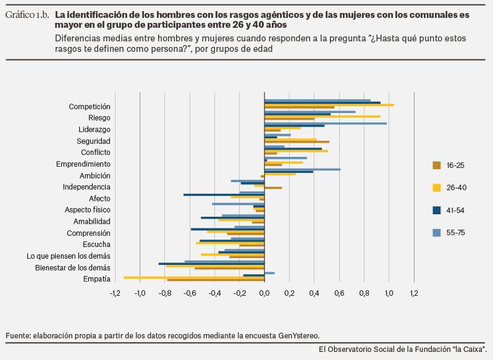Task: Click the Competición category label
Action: click(x=90, y=106)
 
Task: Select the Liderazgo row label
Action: click(x=95, y=129)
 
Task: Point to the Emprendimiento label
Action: click(x=83, y=164)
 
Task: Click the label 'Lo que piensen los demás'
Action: click(x=69, y=256)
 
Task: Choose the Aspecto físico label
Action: click(x=88, y=209)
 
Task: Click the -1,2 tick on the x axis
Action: click(x=114, y=293)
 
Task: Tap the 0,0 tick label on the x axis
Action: click(x=264, y=293)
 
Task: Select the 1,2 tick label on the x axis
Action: click(x=413, y=293)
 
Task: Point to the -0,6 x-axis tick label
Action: click(x=189, y=293)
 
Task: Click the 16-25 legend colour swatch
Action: click(x=436, y=165)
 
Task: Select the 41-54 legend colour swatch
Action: click(x=436, y=210)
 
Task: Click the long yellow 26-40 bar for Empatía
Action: click(x=194, y=277)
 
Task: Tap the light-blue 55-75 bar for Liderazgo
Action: click(x=326, y=123)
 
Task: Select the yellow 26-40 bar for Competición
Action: click(x=329, y=105)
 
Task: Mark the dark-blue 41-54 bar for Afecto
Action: click(x=224, y=195)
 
